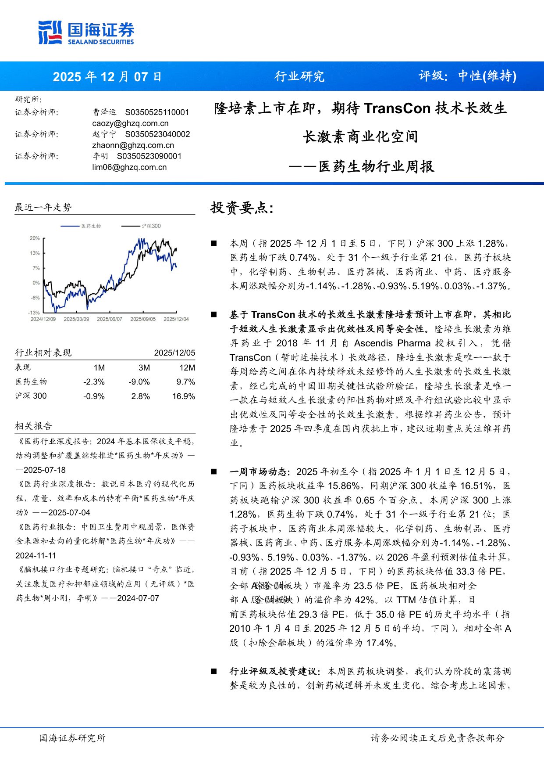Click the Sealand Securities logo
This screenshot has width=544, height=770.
86,33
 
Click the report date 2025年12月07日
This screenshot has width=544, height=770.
107,77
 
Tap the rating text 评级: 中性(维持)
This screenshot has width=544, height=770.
467,76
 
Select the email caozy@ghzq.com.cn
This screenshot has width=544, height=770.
130,123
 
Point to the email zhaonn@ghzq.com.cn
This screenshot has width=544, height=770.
133,145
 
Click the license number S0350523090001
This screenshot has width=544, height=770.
149,156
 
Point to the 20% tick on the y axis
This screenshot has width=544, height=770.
35,238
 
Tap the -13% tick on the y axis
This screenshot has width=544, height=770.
34,313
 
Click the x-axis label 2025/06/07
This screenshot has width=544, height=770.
110,319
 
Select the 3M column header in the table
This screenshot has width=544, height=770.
144,368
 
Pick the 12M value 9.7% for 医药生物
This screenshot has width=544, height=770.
185,382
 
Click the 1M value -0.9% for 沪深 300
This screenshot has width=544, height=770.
94,396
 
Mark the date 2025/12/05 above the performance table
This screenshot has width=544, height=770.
174,353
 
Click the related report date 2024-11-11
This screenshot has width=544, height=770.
36,556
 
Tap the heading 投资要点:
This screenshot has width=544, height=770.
242,208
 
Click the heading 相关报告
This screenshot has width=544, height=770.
33,426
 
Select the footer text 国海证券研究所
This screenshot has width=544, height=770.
72,738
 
